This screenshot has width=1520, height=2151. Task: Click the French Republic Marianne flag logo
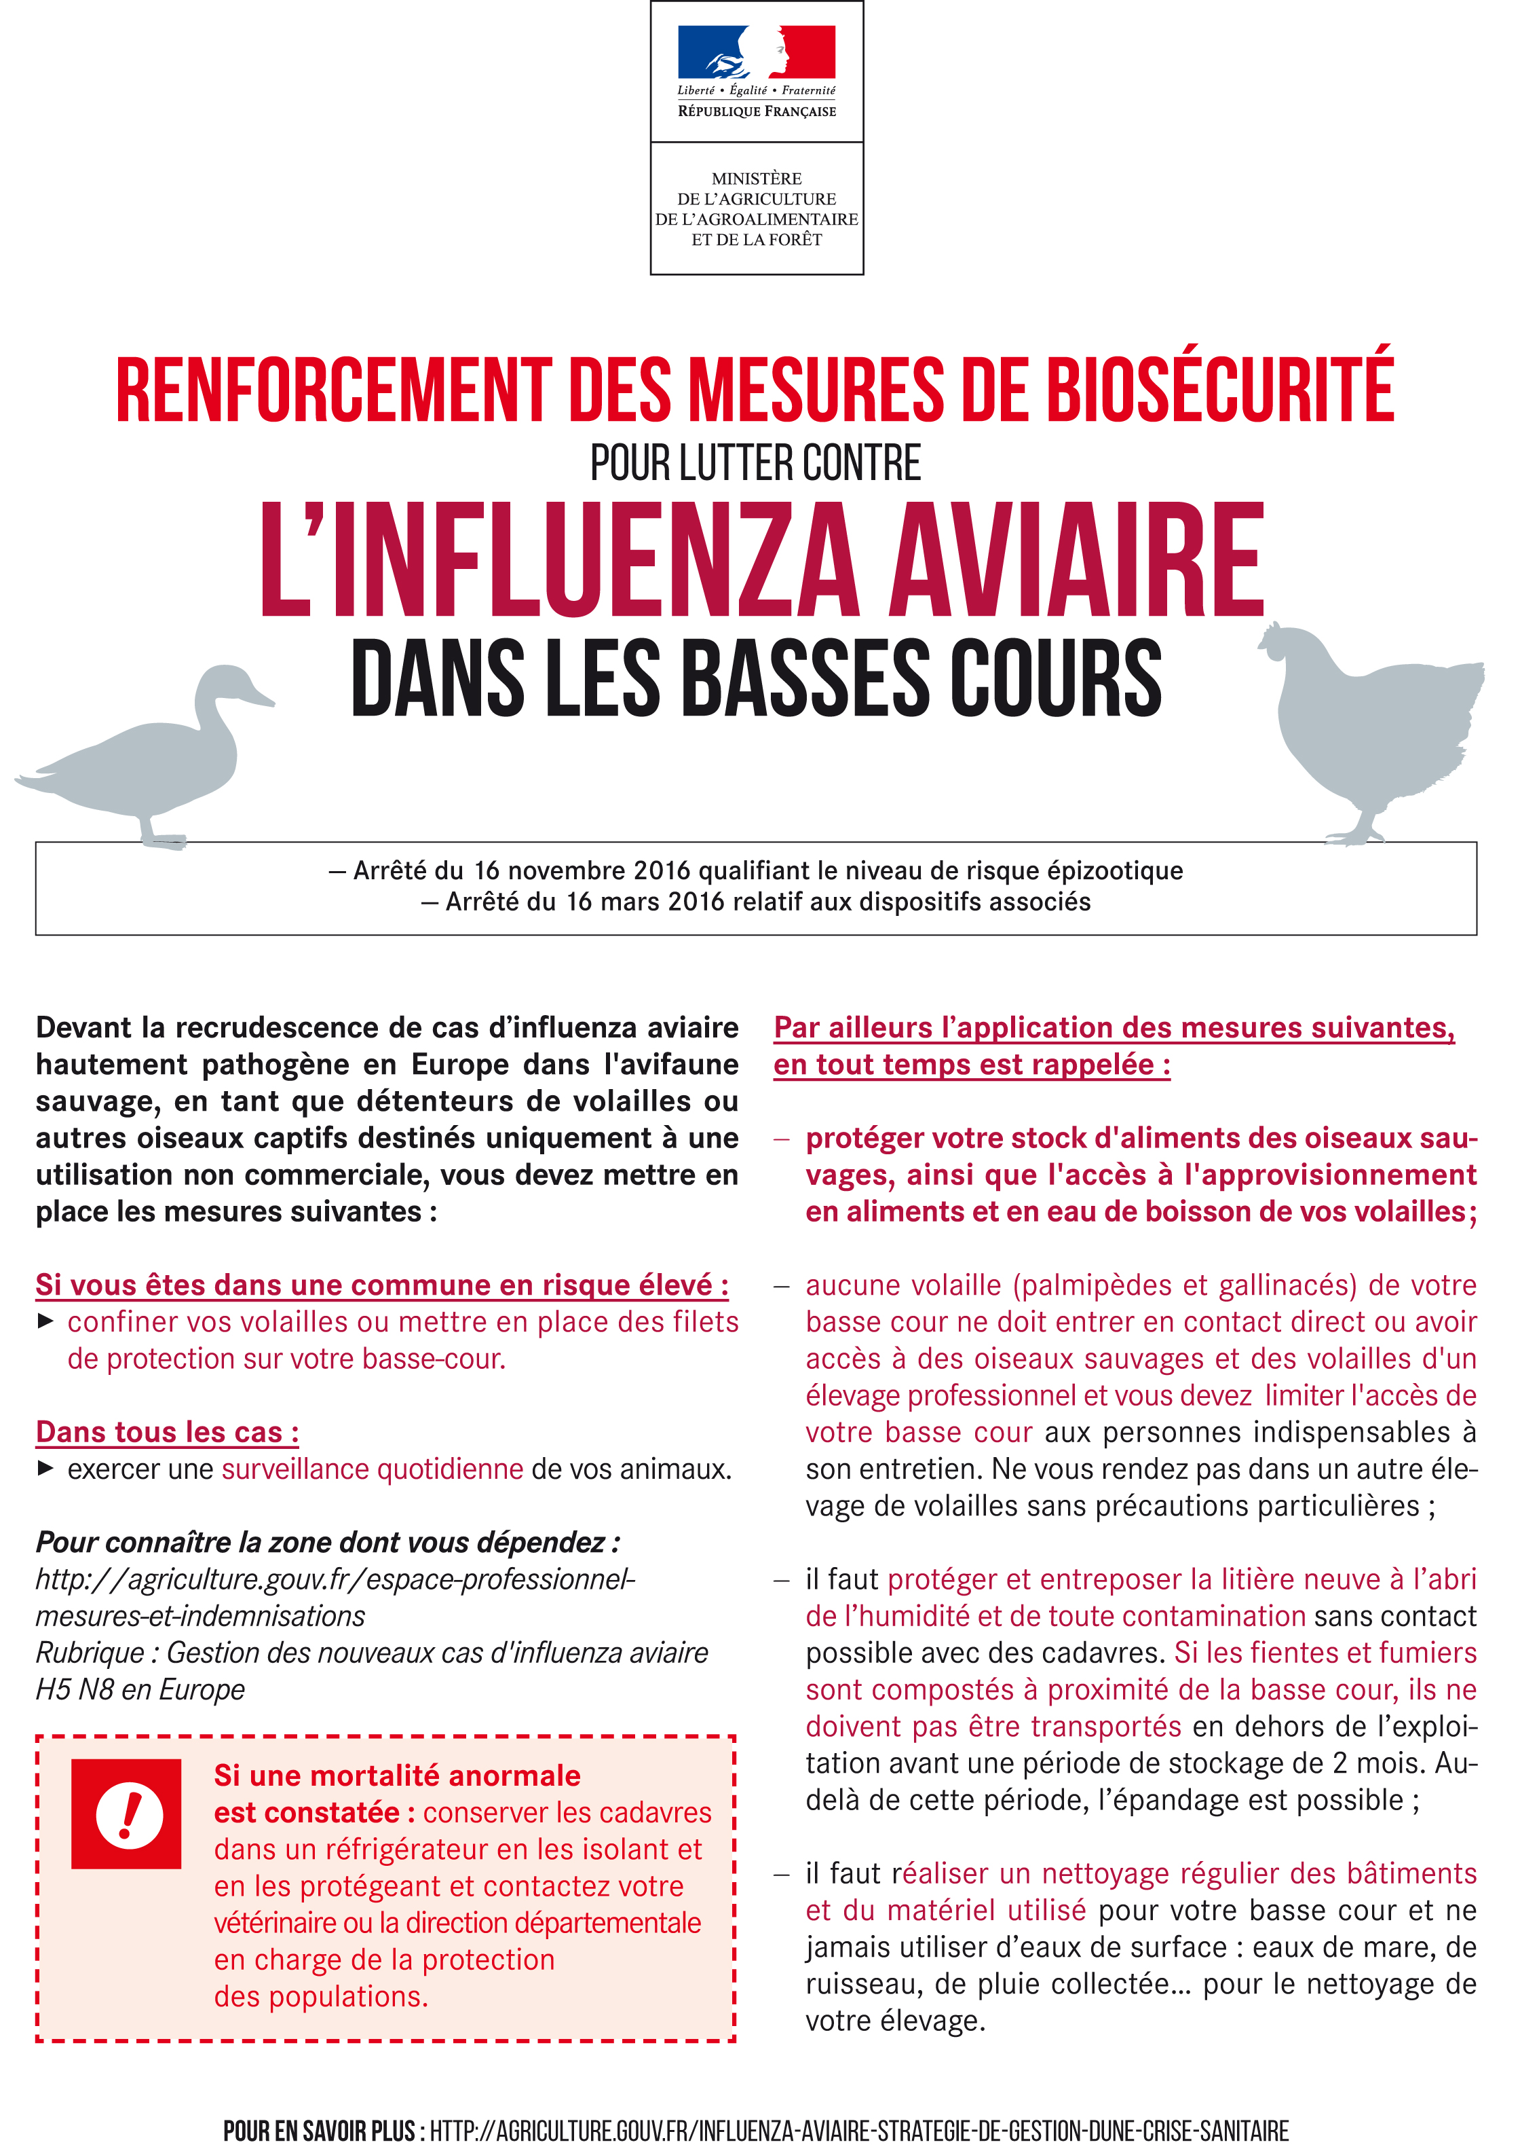(x=756, y=52)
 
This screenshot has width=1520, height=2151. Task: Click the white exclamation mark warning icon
(x=129, y=1815)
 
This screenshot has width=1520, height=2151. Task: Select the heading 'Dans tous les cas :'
(x=168, y=1433)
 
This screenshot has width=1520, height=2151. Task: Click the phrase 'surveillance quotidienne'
(x=372, y=1469)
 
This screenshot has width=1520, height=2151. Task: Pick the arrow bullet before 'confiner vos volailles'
(x=45, y=1322)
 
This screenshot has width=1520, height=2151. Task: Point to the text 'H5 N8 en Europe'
(x=140, y=1689)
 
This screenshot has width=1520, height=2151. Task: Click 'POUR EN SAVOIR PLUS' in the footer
(x=318, y=2131)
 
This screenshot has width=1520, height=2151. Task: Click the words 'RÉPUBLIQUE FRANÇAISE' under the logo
(x=757, y=111)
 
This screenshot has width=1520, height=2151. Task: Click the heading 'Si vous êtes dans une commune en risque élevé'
(x=382, y=1285)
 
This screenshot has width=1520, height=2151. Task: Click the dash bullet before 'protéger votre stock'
(x=782, y=1139)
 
